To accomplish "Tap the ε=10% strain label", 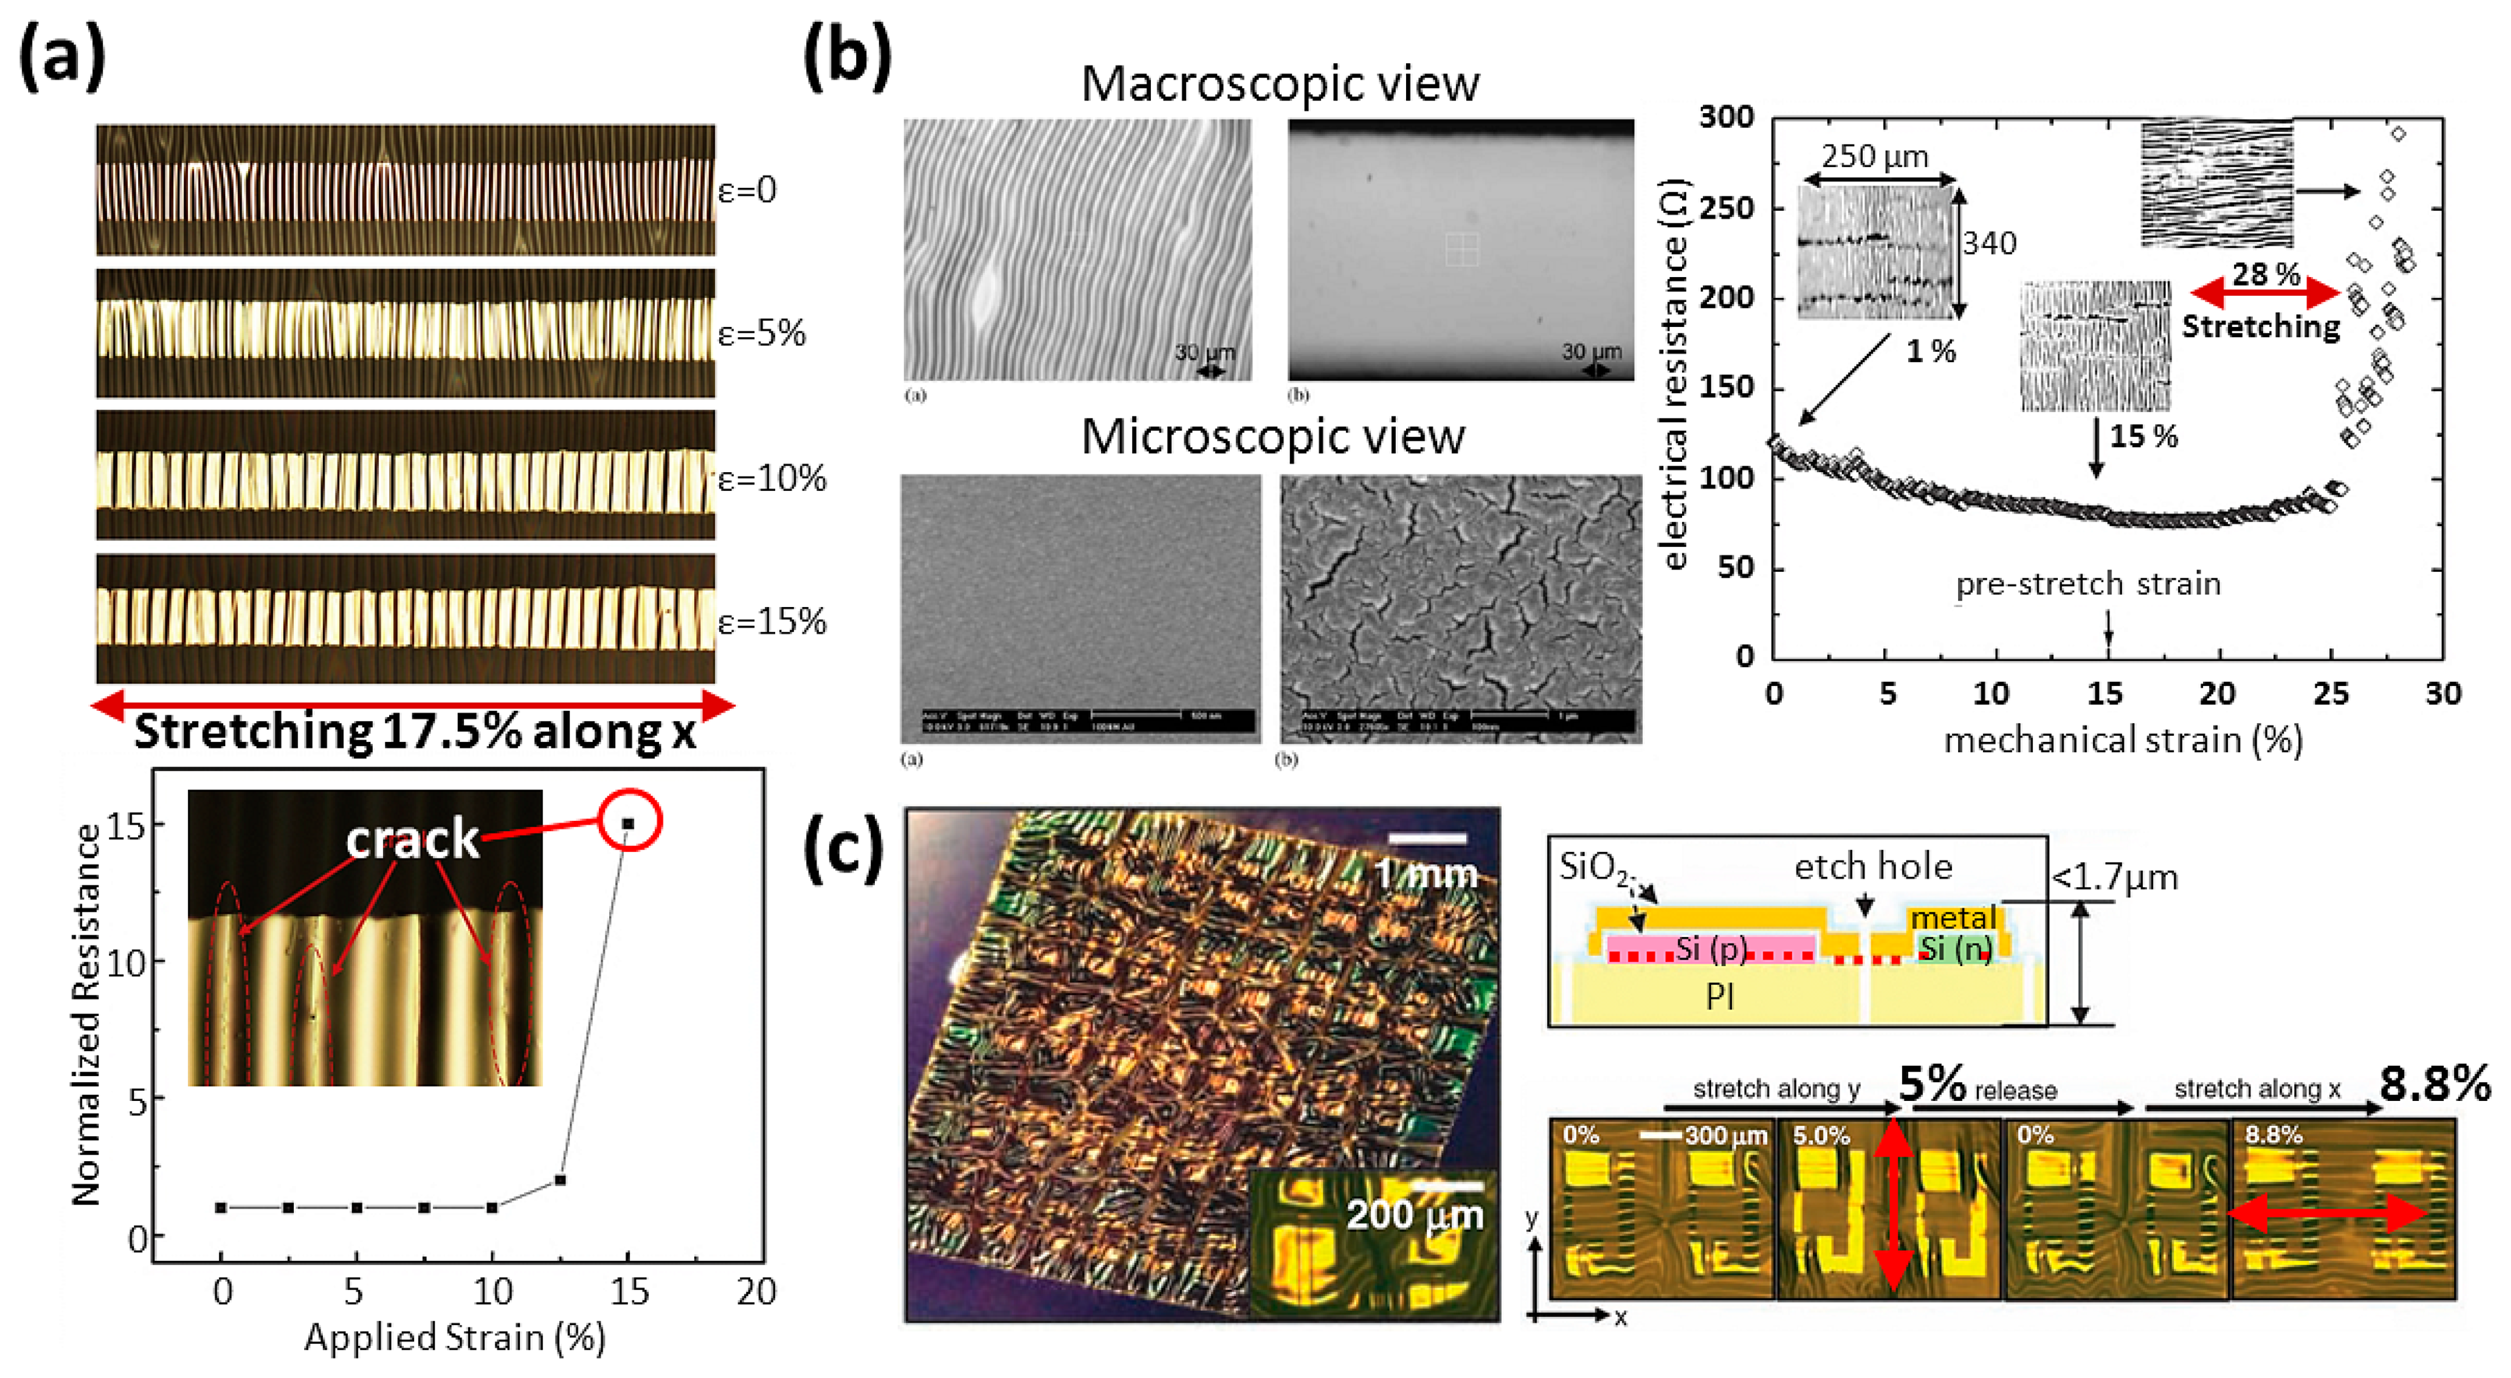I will coord(771,479).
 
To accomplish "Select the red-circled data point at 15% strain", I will coord(629,824).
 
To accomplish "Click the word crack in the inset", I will coord(413,840).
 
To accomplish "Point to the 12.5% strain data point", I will coord(561,1180).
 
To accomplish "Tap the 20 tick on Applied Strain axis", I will coord(756,1292).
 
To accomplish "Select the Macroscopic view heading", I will coord(1280,83).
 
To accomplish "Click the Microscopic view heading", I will coord(1273,437).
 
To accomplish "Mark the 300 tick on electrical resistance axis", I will coord(1727,118).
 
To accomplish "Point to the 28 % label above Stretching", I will coord(2266,274).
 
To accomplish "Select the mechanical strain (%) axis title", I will coord(2123,740).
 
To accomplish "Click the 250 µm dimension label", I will coord(1875,156).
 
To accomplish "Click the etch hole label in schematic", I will coord(1872,866).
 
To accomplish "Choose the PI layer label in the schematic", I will coord(1719,996).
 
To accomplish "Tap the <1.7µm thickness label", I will coord(2115,878).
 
